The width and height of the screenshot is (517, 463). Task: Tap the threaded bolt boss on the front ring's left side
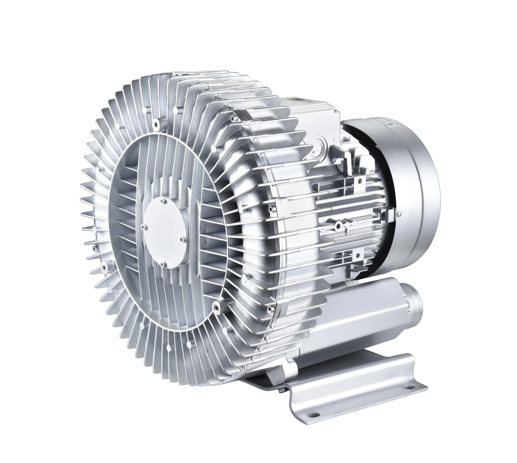click(104, 267)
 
